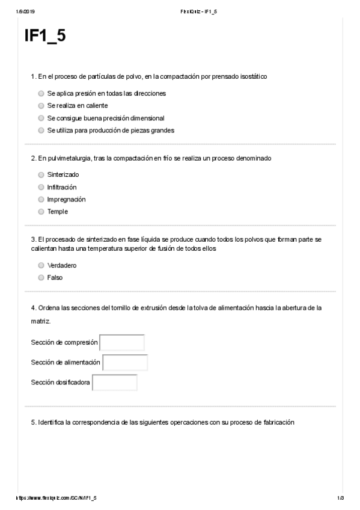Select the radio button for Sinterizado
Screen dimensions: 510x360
pos(41,175)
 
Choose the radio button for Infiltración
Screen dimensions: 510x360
pos(41,187)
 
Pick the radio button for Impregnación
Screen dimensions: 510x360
pos(41,199)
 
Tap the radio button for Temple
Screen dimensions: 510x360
pos(41,212)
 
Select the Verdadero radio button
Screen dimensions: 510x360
pos(41,265)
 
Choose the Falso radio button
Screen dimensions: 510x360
pos(41,278)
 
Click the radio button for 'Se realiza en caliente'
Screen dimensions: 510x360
pos(41,106)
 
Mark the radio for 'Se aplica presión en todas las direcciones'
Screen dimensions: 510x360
pos(41,94)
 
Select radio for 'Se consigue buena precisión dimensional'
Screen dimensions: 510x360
pos(41,118)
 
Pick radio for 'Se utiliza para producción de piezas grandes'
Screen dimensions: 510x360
pos(41,130)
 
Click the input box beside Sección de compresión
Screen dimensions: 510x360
pos(122,342)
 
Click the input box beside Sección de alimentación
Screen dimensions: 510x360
pos(125,363)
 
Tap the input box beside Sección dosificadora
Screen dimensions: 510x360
pos(115,382)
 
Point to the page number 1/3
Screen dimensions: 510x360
pos(340,499)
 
